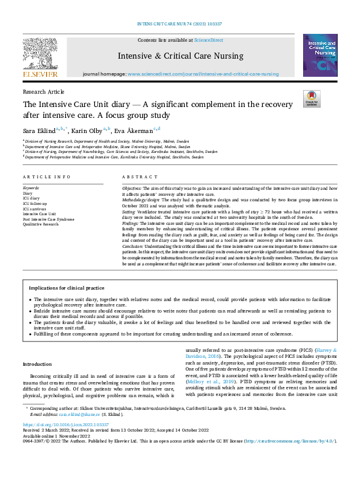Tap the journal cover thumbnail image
tap(320, 55)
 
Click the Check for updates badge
tap(311, 99)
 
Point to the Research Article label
tap(43, 91)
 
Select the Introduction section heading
tap(38, 364)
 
